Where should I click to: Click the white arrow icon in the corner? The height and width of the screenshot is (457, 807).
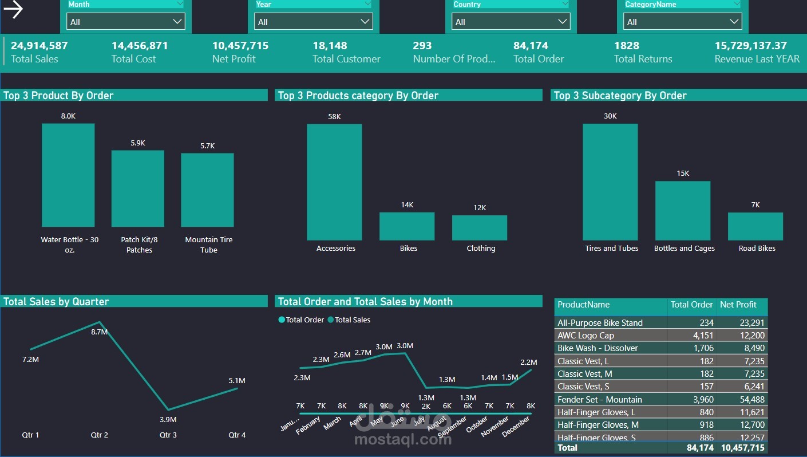[x=13, y=10]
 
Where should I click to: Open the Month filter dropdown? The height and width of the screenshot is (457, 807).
[x=126, y=22]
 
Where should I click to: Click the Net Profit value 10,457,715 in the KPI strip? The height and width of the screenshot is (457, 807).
[x=240, y=46]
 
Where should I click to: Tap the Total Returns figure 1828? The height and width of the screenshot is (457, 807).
[x=626, y=46]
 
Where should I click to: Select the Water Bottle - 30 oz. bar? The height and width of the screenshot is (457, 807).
[x=68, y=175]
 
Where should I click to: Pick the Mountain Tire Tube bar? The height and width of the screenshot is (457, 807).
[x=207, y=190]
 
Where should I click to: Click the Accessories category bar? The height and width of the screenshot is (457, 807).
[x=334, y=182]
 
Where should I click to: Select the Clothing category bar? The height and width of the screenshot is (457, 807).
[x=480, y=227]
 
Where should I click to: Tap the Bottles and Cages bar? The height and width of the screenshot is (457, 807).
[x=683, y=211]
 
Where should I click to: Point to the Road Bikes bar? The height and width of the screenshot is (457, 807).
[x=755, y=226]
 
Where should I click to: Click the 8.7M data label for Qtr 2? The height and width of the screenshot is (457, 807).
[x=100, y=332]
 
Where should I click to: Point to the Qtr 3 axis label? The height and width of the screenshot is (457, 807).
[x=168, y=435]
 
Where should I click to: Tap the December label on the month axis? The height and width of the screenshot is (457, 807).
[x=516, y=427]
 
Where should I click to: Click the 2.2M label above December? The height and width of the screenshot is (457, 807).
[x=529, y=363]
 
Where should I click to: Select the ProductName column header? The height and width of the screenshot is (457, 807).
[x=584, y=305]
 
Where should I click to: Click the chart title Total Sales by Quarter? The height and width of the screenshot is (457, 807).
[x=56, y=302]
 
